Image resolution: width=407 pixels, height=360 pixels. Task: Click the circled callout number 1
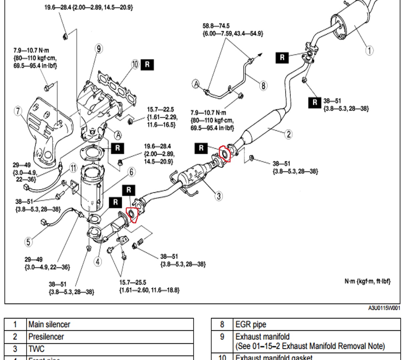pos(369,50)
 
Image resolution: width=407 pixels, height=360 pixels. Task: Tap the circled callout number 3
pos(219,196)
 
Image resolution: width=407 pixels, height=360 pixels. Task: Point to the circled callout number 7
pos(18,111)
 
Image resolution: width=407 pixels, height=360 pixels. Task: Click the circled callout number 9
pos(98,49)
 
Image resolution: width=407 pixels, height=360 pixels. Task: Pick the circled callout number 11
pos(73,168)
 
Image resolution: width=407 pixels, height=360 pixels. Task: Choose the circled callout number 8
pos(263,86)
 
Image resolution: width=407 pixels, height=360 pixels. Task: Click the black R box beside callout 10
pos(147,65)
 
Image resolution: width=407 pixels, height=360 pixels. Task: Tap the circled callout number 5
pos(28,241)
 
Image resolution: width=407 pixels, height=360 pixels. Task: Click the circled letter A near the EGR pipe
pos(196,84)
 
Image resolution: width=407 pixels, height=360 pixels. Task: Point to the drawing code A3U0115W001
pos(384,308)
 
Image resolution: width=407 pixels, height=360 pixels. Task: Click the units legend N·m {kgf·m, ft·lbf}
pos(367,281)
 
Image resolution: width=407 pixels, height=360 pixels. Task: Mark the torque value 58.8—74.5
pos(216,26)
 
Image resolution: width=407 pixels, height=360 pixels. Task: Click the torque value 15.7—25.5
pos(133,283)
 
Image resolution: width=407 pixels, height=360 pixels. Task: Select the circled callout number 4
pos(97,262)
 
